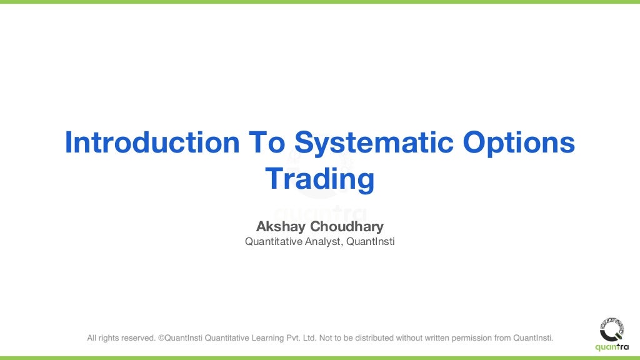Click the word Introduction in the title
click(152, 143)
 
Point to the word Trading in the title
click(320, 179)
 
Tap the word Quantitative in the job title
click(272, 241)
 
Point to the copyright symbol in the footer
click(161, 338)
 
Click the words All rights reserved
click(121, 338)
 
